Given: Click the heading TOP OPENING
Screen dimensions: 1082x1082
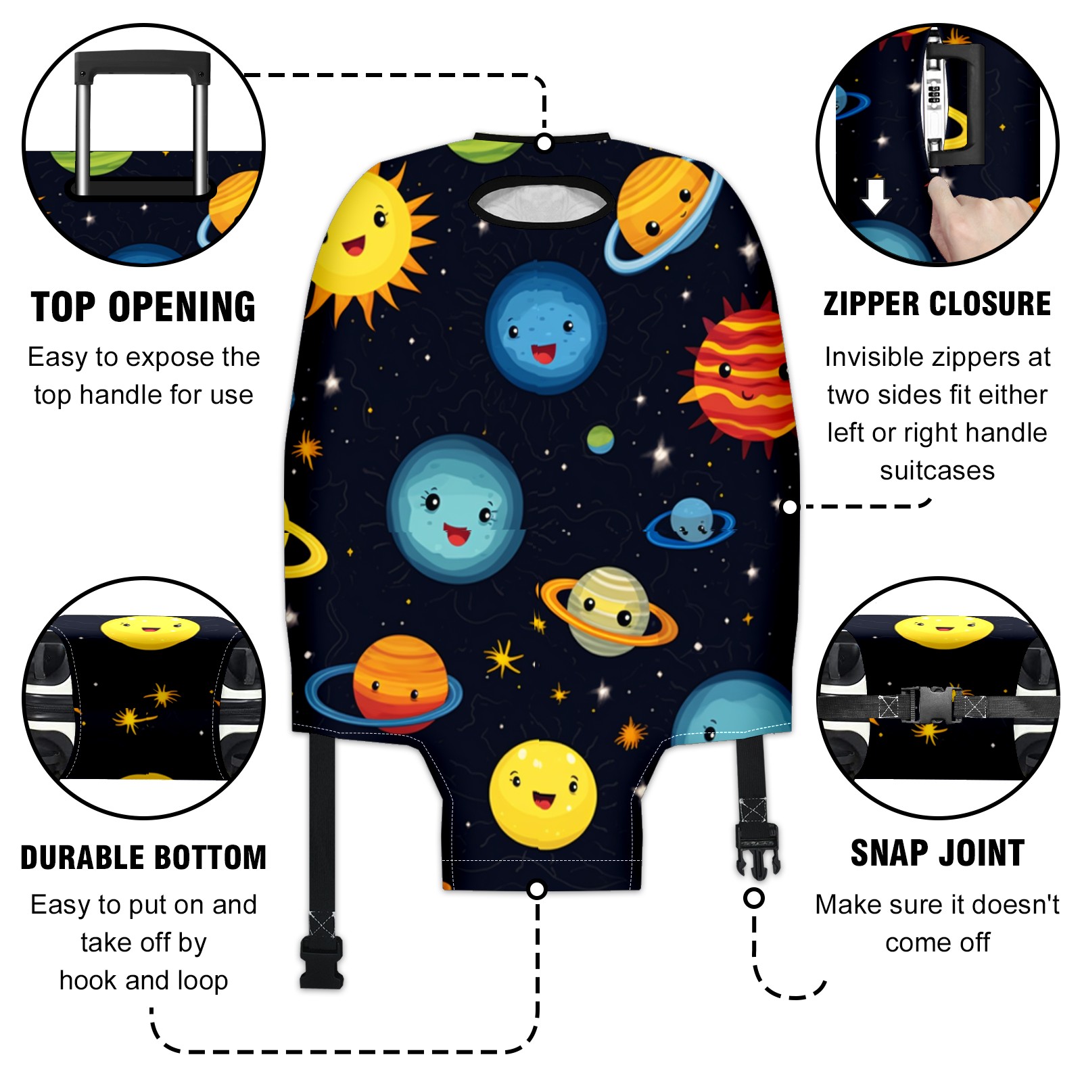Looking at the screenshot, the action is point(143,307).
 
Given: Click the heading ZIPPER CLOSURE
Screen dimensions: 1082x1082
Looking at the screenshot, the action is point(937,304).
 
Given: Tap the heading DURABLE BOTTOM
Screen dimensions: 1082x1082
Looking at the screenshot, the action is point(143,857).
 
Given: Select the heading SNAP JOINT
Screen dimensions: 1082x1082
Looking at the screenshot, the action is point(937,853).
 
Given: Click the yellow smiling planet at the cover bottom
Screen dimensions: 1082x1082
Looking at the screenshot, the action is point(543,795).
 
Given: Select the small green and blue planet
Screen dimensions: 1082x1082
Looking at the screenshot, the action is point(600,440).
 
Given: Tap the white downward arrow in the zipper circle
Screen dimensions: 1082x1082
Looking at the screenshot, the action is point(876,196).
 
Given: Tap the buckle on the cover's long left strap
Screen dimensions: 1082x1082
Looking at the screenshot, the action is point(321,964).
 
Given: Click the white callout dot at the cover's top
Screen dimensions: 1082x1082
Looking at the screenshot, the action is point(544,143).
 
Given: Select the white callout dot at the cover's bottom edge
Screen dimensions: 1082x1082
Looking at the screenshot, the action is point(536,889).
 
